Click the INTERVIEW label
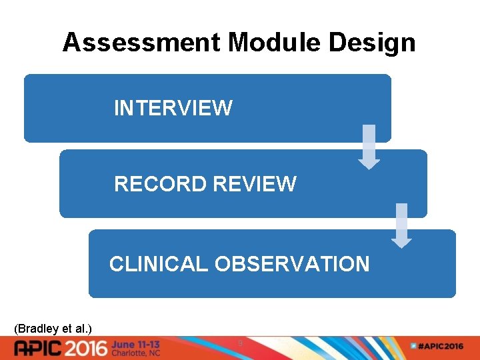[x=173, y=108]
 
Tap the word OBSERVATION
[x=292, y=264]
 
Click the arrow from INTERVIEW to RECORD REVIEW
[x=369, y=147]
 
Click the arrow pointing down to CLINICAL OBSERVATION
[x=401, y=225]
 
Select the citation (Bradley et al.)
[x=53, y=328]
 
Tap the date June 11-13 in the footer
[x=135, y=343]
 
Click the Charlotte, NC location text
[x=135, y=353]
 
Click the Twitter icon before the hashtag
[x=413, y=347]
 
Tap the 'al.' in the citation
[x=81, y=328]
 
